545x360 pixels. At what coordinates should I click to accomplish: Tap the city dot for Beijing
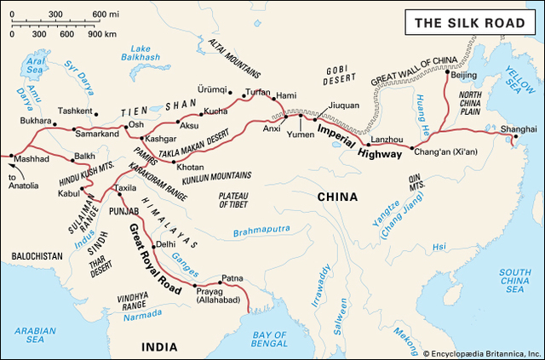[449, 74]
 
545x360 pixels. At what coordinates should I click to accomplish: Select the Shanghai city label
[519, 129]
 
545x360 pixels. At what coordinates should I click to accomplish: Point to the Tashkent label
[75, 111]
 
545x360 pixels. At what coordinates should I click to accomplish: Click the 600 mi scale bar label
[106, 15]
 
